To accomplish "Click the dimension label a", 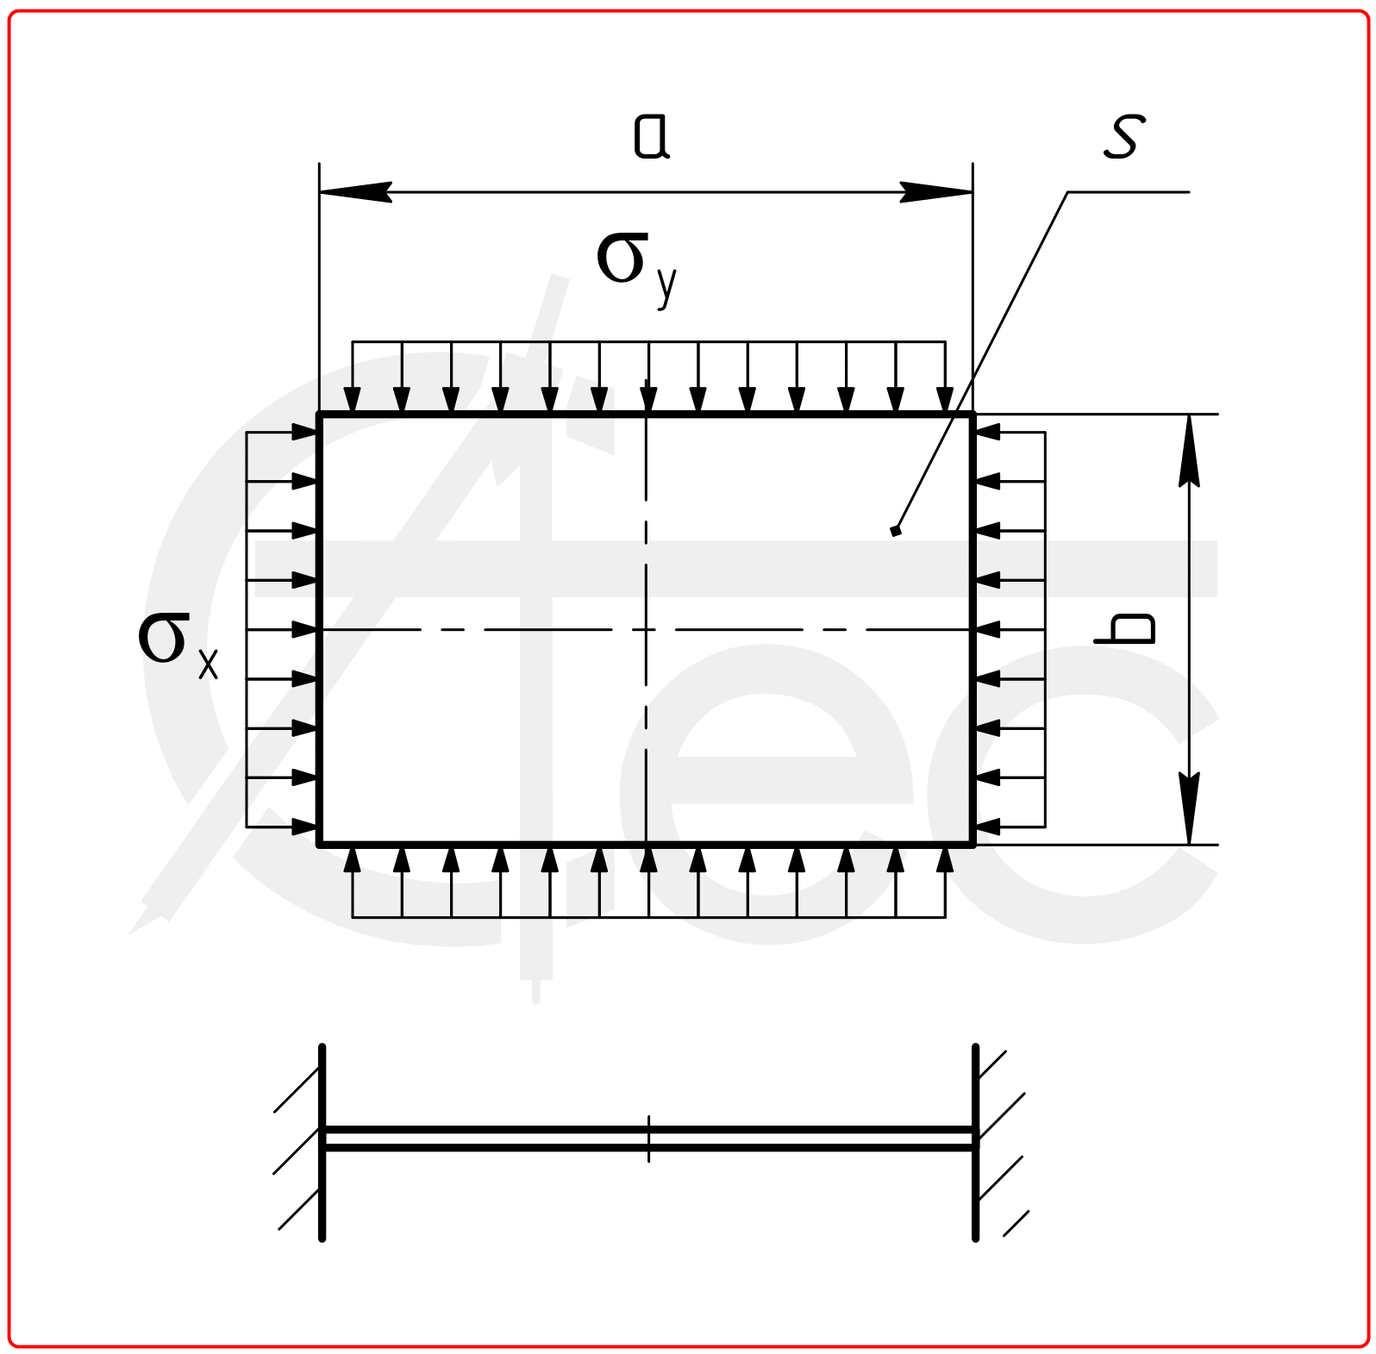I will (x=652, y=137).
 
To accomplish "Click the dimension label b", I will (x=1124, y=628).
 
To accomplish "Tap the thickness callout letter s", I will (x=1124, y=137).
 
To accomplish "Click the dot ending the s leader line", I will (x=896, y=531).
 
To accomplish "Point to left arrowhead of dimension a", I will (x=353, y=192).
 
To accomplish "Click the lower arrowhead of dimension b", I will (x=1189, y=808).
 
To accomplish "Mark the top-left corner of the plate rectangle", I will (x=320, y=415).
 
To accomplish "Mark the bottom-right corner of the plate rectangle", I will (x=973, y=844).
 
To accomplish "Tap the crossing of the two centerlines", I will (x=646, y=630).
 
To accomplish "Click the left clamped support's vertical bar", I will (x=322, y=1142).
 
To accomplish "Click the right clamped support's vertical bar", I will (x=975, y=1142).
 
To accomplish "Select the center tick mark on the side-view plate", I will (x=648, y=1139).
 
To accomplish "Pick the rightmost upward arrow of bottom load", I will (x=945, y=860).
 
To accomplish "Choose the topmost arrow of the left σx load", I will (x=303, y=432).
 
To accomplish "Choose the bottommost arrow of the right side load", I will (x=988, y=827).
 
